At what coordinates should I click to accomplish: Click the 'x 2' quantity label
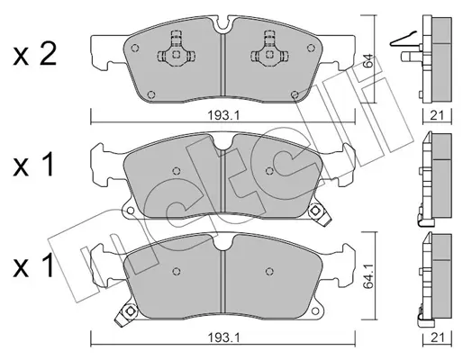34,56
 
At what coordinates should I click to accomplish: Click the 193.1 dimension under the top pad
223,115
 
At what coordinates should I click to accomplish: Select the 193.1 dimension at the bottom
223,338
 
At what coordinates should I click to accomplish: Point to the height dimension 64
368,60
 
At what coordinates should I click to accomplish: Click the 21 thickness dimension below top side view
437,115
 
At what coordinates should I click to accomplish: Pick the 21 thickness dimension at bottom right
437,338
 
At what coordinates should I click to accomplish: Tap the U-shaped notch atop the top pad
222,24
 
